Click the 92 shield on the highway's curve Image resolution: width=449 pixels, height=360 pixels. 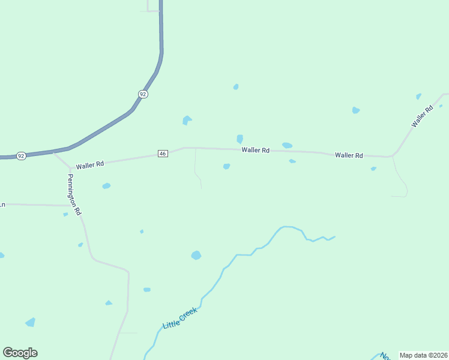pos(142,94)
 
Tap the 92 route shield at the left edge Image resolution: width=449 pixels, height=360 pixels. pos(21,155)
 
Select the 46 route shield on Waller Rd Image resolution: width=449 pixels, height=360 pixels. pos(163,154)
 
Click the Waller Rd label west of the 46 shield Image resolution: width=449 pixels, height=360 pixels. pos(91,163)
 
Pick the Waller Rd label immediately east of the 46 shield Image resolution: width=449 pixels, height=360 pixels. pos(255,150)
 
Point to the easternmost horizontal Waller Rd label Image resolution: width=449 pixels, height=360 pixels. pos(349,155)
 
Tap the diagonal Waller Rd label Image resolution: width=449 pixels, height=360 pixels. pos(422,116)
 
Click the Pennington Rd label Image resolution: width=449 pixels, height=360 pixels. pos(74,195)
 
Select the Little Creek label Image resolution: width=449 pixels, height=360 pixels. pos(179,318)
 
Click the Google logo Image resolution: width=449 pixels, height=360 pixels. pos(20,353)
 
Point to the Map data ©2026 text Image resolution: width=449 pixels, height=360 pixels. pos(424,355)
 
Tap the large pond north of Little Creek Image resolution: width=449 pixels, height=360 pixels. pos(196,255)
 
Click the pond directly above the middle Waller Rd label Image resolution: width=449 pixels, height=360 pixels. pos(240,139)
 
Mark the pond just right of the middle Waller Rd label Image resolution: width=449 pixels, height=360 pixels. pos(287,145)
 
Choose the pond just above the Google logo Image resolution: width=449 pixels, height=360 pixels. pos(30,323)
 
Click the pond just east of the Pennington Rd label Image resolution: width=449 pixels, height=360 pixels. pos(106,186)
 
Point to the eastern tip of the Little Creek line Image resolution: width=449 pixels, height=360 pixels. pos(334,236)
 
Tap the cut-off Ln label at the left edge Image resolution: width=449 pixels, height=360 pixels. pos(2,205)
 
